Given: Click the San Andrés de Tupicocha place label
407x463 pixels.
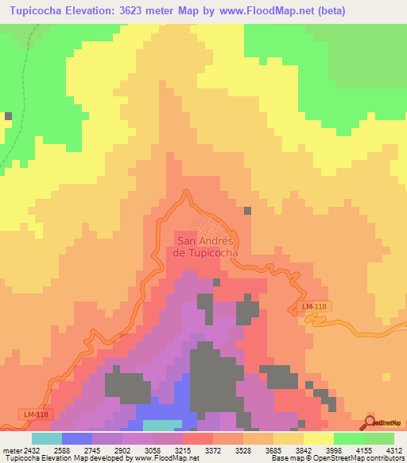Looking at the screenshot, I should pos(207,247).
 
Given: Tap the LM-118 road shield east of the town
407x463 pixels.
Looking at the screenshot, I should pos(316,306).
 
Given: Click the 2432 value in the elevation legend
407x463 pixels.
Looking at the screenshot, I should pos(31,450).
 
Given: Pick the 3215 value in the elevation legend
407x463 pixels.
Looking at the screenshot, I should pos(183,450).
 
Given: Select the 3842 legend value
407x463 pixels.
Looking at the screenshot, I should pos(304,450).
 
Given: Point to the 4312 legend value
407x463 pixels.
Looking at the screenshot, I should pos(394,450).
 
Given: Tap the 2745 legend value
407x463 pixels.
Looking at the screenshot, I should pos(92,450).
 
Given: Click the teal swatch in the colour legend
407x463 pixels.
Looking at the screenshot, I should pos(46,438).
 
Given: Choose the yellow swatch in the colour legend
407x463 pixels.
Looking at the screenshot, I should pos(318,438).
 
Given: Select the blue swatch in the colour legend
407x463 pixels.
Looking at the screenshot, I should pos(76,438).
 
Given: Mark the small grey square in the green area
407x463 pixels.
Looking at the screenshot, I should pos(8,116).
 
